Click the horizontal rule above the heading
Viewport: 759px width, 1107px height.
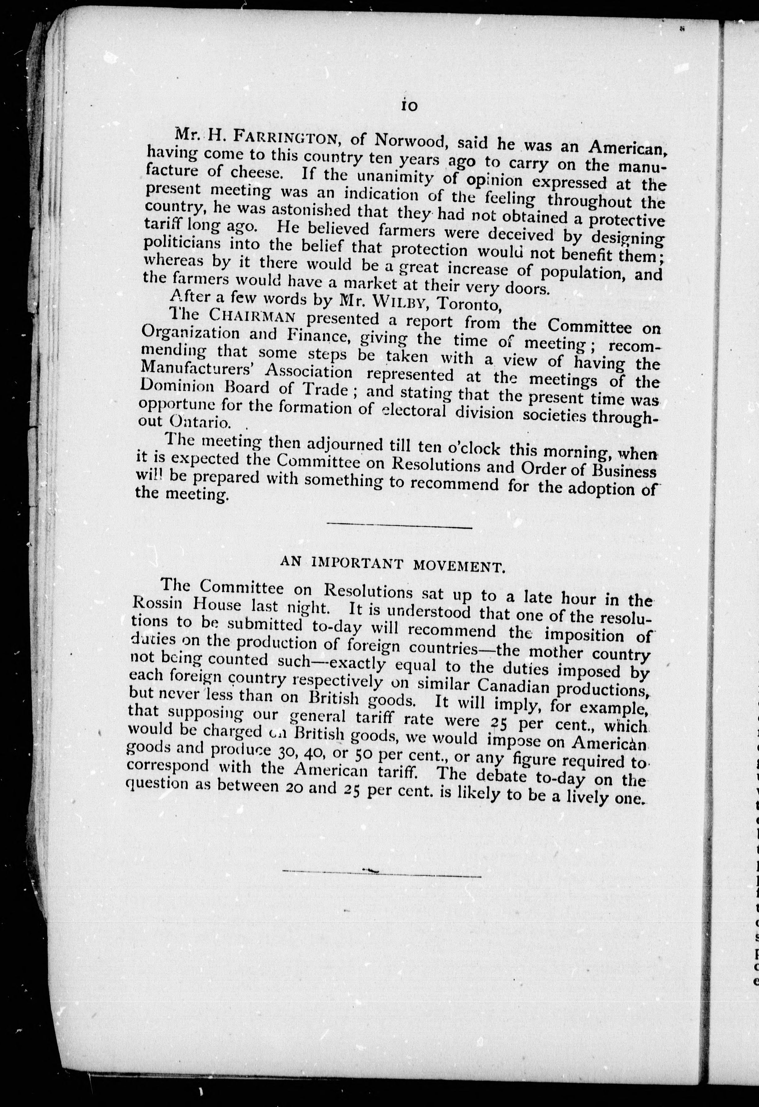pos(399,526)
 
